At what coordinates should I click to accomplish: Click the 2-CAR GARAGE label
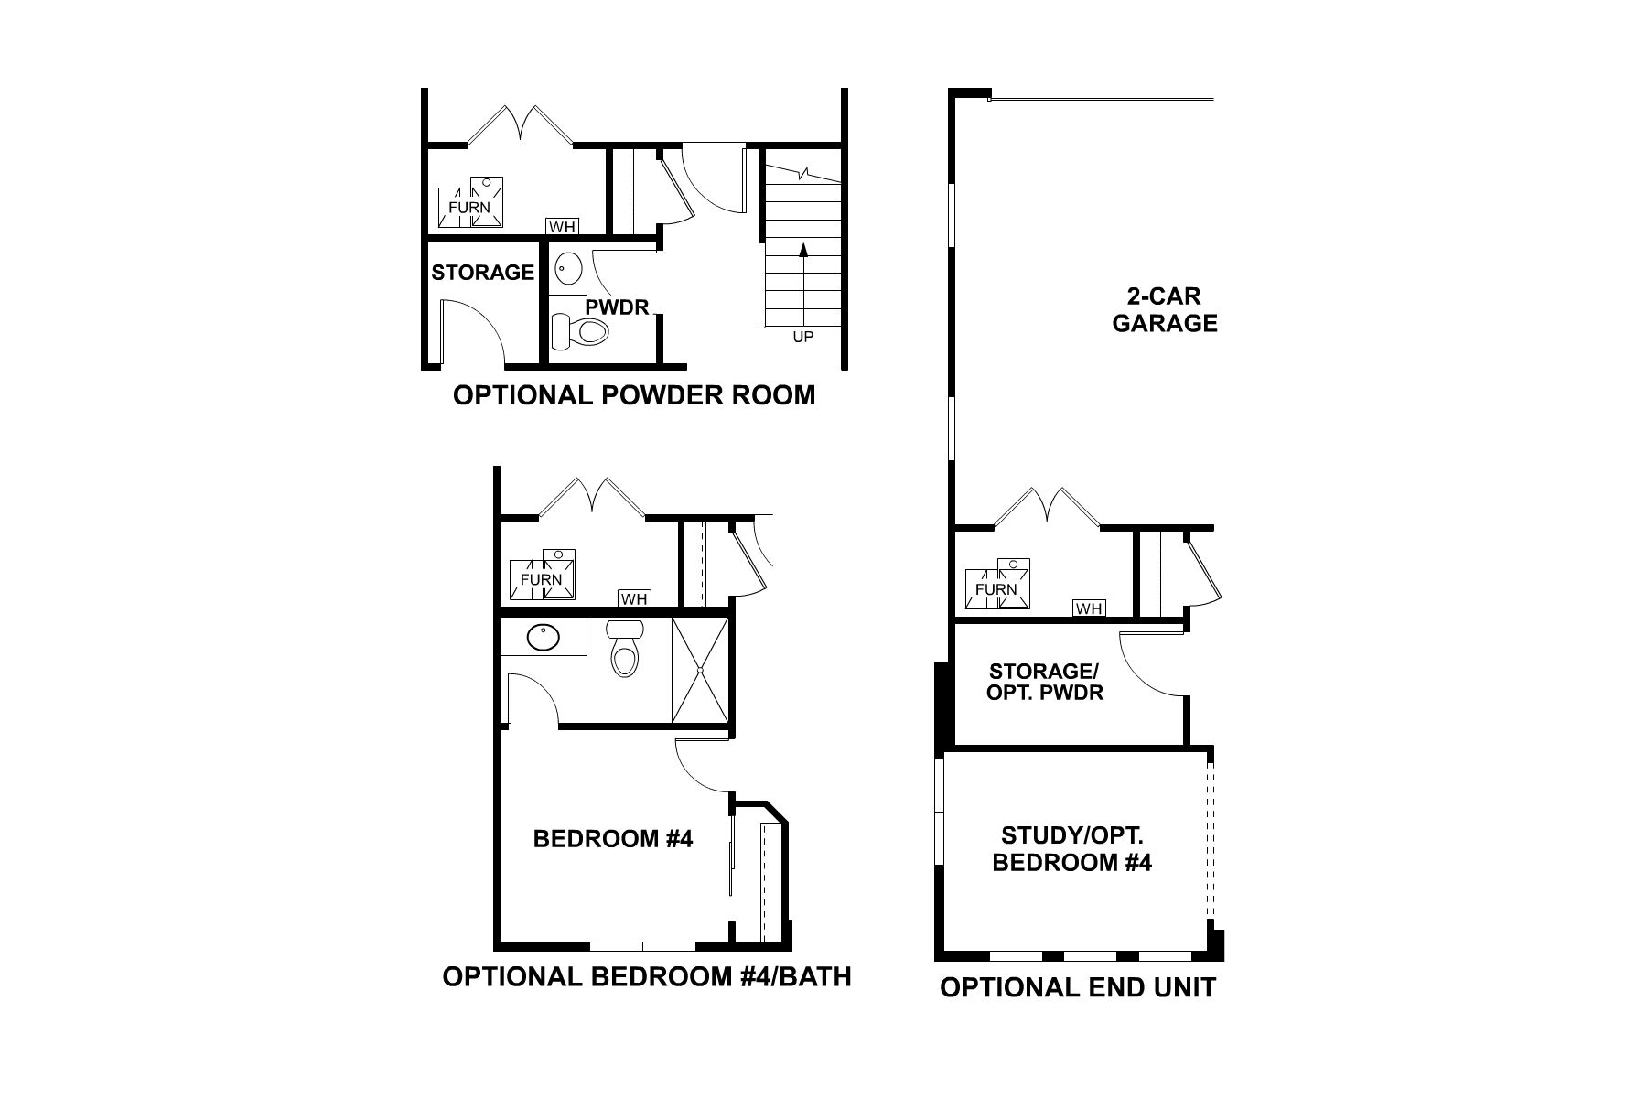(1165, 310)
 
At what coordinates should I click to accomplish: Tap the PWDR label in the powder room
(617, 306)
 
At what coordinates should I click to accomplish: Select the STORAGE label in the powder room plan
(482, 272)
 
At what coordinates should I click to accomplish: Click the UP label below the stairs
(802, 337)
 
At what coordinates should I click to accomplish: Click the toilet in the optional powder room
(582, 330)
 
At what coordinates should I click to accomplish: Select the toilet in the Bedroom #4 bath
(625, 650)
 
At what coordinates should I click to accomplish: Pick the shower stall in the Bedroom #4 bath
(700, 671)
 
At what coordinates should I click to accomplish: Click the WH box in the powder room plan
(561, 226)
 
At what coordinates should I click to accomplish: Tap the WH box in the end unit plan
(1089, 608)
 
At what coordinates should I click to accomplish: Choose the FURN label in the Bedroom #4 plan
(541, 579)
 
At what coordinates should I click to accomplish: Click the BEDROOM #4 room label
(613, 838)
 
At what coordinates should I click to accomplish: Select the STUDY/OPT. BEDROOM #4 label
(1071, 849)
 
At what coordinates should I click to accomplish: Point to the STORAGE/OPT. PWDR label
(1044, 682)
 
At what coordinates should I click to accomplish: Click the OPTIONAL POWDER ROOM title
(634, 395)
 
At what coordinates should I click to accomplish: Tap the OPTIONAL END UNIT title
(1078, 988)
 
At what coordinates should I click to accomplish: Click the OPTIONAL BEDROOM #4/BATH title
(647, 977)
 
